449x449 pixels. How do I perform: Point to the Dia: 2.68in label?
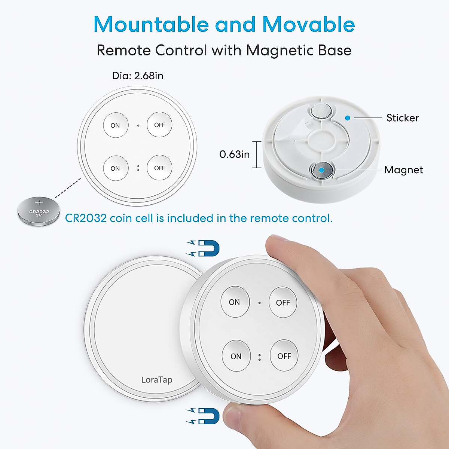(138, 76)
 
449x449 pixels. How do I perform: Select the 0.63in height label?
(234, 154)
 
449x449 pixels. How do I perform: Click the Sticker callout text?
(402, 118)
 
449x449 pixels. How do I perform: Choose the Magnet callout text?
(403, 170)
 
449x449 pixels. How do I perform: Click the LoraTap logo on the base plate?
(157, 380)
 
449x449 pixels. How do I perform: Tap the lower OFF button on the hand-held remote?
(284, 356)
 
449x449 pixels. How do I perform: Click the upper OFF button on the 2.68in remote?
(159, 125)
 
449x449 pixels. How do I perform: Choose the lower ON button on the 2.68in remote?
(116, 168)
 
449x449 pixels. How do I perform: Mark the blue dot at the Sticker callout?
(348, 118)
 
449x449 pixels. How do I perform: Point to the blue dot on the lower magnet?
(321, 170)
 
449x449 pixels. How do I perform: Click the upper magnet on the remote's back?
(321, 110)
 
